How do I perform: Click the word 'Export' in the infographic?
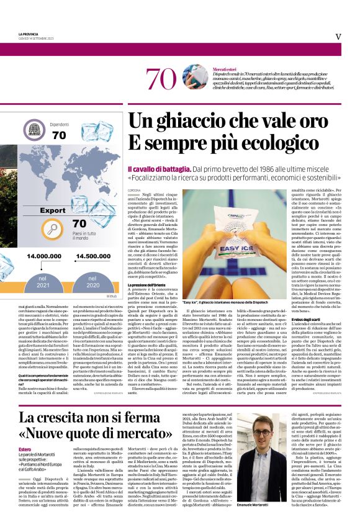[54, 210]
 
